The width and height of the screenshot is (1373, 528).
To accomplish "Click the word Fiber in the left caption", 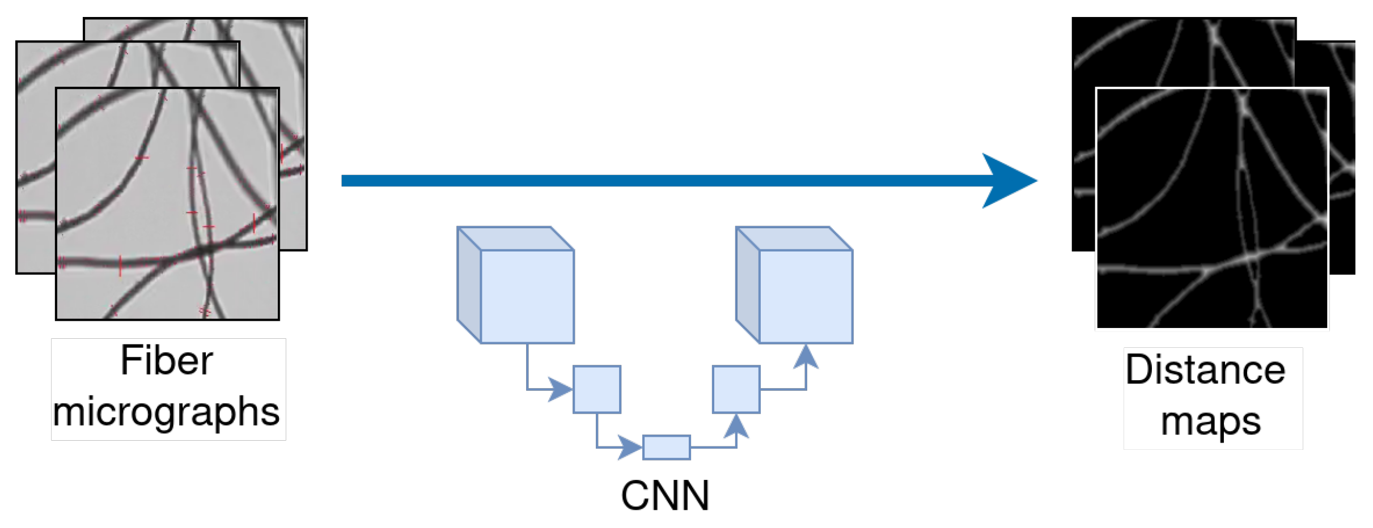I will (x=167, y=361).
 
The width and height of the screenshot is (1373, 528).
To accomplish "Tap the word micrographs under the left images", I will (x=166, y=412).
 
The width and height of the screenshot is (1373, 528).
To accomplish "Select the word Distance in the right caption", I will (x=1205, y=370).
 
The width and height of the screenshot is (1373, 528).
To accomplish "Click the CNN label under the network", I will (x=665, y=496).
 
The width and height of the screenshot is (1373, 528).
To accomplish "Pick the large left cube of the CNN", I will (x=527, y=296).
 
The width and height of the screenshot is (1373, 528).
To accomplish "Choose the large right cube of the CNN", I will (x=806, y=296).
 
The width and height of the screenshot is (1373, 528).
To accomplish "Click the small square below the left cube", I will (x=597, y=389).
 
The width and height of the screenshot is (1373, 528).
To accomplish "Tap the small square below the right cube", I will (x=736, y=389).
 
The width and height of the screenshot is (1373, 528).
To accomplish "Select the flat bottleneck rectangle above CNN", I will (x=666, y=447).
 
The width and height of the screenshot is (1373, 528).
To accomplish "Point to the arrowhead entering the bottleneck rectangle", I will (x=630, y=447).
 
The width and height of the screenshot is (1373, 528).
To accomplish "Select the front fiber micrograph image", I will (x=167, y=204).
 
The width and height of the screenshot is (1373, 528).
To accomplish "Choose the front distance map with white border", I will (x=1212, y=208).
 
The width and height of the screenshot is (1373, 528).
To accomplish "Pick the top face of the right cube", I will (x=794, y=239).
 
